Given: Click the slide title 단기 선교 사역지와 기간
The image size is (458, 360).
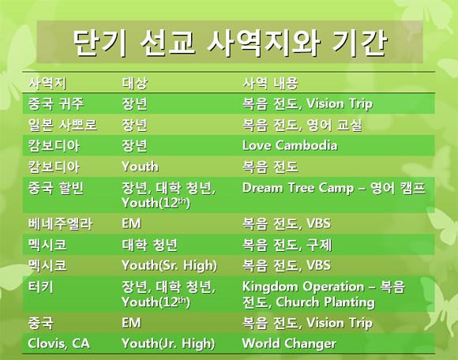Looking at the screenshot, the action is coord(230,43).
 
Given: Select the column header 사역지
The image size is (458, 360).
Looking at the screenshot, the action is coord(47,83).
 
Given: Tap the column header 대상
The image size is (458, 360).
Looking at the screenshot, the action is coord(135,83).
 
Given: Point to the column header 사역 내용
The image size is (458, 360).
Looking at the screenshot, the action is coord(271,83).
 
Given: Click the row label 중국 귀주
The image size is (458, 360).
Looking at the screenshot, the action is coord(56,103).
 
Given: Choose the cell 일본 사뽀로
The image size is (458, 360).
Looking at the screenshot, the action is coord(62,125).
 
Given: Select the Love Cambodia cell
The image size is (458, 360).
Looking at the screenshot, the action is coord(290,145).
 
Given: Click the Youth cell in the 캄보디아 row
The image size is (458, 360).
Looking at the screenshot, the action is coord(141,167).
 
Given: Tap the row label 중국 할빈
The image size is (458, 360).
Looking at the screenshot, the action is coord(56,188).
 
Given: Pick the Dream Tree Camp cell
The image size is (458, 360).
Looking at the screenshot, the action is coord(334,188).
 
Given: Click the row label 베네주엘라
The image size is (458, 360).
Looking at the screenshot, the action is coord(61,224).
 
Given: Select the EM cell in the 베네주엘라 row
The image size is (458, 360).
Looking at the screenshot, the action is coord(131,224).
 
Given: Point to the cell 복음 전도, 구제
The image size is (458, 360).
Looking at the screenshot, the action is coord(287,245).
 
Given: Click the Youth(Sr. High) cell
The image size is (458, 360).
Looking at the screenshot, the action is coord(170,265).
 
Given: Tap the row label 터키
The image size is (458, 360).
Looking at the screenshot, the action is coord(41,287).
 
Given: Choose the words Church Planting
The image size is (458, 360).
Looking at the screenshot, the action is coord(325,302).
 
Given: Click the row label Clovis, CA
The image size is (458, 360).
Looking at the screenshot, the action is coord(59,343).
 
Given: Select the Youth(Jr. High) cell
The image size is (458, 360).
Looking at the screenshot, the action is coord(168,343).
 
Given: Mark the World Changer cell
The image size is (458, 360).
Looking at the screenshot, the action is coord(289,343).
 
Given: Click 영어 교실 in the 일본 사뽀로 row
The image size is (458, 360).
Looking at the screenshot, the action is coord(335,125).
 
